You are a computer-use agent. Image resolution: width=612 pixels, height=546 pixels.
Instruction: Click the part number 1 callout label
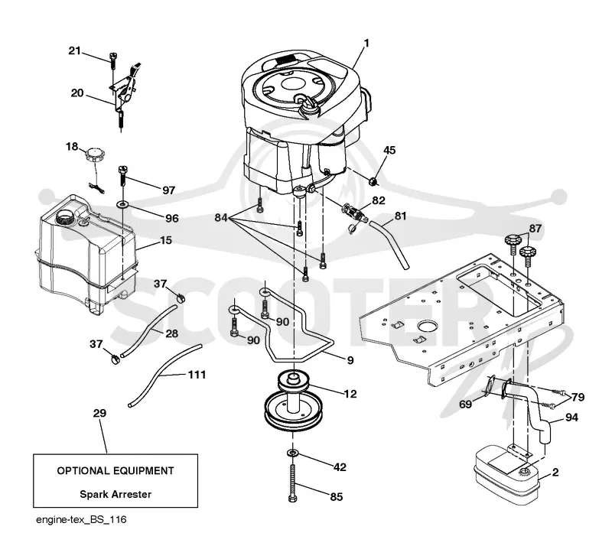pyautogui.click(x=366, y=43)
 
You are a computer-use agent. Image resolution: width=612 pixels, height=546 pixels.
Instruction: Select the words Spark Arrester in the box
pyautogui.click(x=116, y=495)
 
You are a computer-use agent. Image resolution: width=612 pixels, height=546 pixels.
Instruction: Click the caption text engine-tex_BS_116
pyautogui.click(x=81, y=520)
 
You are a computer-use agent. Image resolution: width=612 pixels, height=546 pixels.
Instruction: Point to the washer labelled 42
pyautogui.click(x=292, y=453)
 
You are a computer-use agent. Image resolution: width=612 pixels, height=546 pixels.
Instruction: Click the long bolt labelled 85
pyautogui.click(x=292, y=482)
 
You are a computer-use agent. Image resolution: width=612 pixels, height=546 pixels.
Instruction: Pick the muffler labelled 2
pyautogui.click(x=506, y=475)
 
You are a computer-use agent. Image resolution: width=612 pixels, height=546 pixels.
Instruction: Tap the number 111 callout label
pyautogui.click(x=197, y=375)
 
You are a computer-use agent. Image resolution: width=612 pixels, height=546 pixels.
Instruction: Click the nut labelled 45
pyautogui.click(x=373, y=181)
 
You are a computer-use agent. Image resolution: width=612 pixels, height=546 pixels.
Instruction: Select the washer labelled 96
pyautogui.click(x=123, y=204)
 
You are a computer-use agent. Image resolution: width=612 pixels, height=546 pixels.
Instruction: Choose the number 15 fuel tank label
pyautogui.click(x=166, y=240)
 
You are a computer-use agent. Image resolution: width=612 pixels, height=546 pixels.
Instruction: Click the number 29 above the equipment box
pyautogui.click(x=99, y=413)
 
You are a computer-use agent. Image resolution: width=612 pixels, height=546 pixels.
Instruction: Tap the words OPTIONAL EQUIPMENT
pyautogui.click(x=116, y=470)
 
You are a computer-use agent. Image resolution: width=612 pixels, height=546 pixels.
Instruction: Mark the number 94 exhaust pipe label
pyautogui.click(x=571, y=418)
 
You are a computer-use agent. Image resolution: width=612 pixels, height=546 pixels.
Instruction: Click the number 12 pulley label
pyautogui.click(x=350, y=394)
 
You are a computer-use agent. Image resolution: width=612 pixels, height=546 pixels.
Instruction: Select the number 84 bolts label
pyautogui.click(x=221, y=218)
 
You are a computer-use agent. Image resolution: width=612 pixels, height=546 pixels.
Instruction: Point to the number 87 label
pyautogui.click(x=535, y=229)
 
